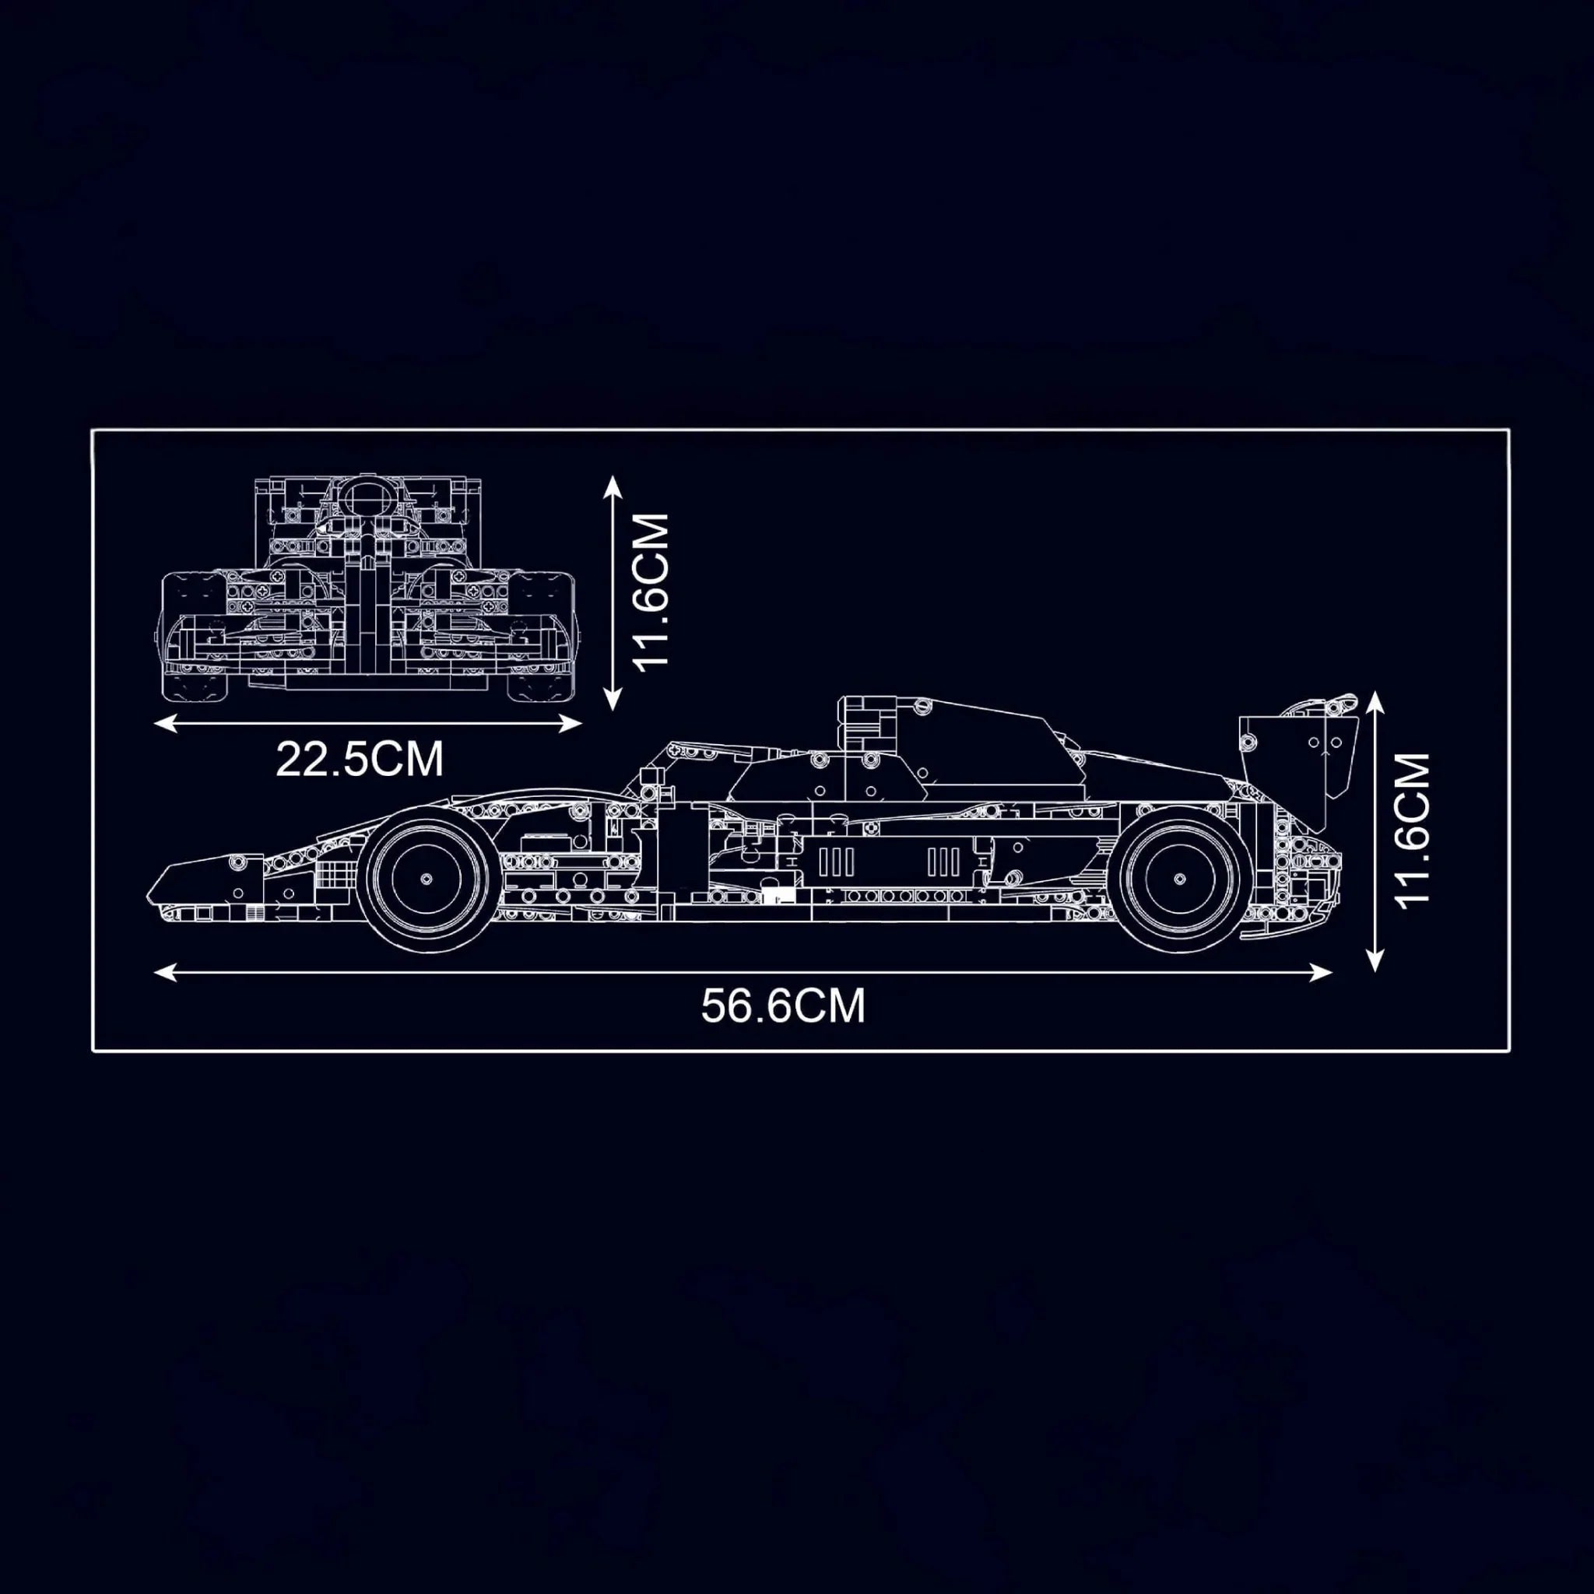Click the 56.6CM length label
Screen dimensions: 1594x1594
783,1006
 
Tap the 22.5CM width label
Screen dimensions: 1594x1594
360,759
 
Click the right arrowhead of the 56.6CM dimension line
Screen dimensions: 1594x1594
1321,973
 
